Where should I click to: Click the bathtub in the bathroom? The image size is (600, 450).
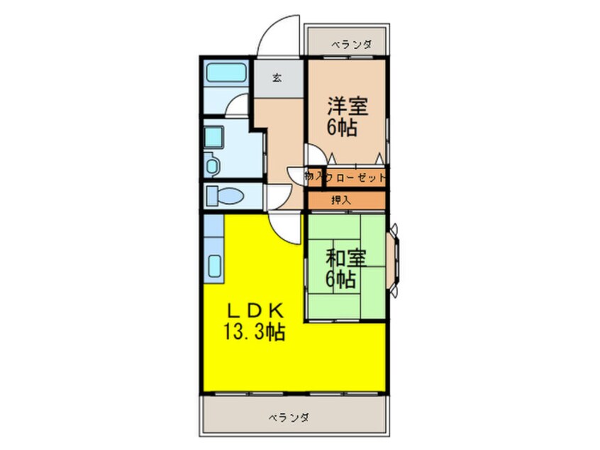tap(226, 75)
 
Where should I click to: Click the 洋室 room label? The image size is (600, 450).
tap(347, 106)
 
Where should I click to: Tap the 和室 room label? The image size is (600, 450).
tap(346, 258)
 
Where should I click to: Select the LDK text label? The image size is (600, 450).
tap(255, 310)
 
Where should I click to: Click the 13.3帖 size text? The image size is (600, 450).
tap(255, 331)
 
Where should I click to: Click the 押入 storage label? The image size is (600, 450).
tap(341, 200)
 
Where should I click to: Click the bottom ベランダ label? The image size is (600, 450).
tap(289, 417)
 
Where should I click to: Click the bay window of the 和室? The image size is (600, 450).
tap(396, 258)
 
